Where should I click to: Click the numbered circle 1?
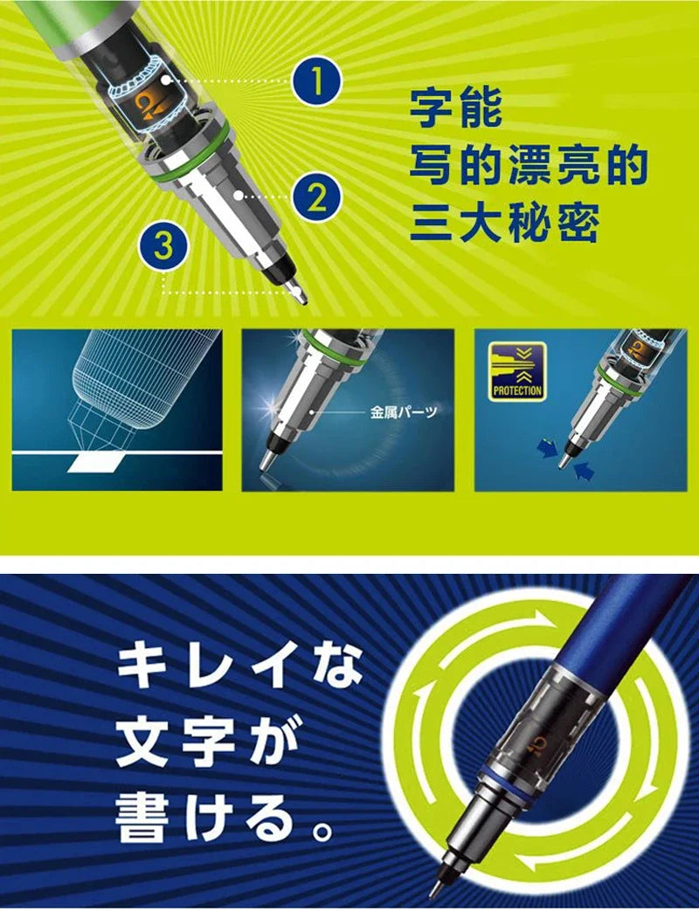pos(315,82)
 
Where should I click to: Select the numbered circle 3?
pos(163,245)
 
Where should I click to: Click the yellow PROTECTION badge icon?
pos(517,370)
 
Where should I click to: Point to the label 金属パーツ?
pos(404,411)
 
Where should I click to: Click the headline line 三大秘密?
pos(504,224)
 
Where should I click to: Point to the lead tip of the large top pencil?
pos(303,298)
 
